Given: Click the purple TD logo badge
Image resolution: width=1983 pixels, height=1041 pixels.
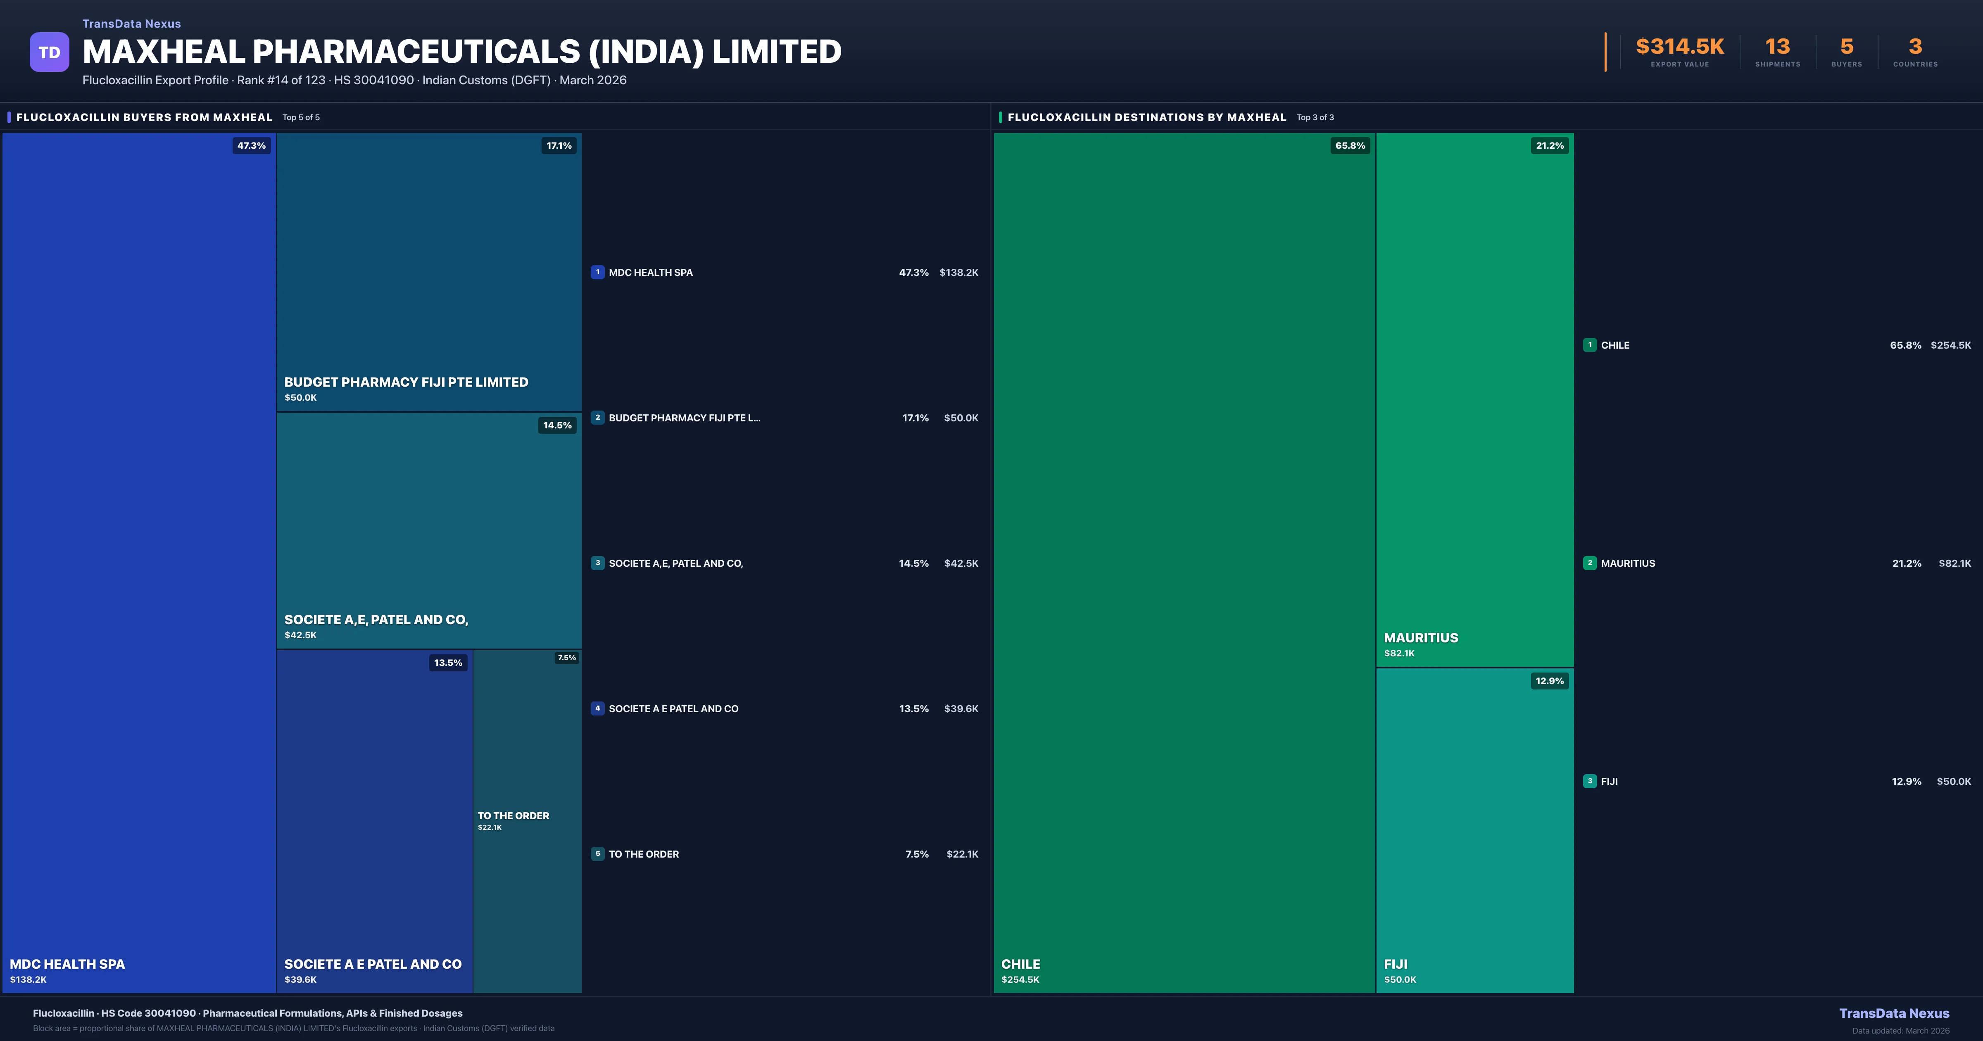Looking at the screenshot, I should (49, 52).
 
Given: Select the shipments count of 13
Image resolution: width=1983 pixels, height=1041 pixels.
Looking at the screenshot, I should (1777, 47).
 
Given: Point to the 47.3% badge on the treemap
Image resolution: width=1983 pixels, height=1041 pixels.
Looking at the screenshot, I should (251, 145).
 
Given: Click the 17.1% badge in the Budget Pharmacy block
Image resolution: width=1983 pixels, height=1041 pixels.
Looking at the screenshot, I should (559, 145).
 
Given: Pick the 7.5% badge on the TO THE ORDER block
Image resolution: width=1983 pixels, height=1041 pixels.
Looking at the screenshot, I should (566, 658).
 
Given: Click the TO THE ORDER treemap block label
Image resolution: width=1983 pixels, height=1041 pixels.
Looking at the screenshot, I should (514, 815).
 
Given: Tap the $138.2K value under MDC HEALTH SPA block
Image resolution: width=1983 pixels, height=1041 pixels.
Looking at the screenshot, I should (29, 979).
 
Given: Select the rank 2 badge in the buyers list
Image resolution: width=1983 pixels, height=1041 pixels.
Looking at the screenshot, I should (597, 417).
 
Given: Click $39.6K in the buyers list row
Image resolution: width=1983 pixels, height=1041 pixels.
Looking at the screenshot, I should (961, 708).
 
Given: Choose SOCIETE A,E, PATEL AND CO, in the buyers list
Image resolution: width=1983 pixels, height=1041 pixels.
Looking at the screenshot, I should (675, 563).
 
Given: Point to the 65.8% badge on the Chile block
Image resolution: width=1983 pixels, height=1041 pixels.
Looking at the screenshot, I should (1349, 145).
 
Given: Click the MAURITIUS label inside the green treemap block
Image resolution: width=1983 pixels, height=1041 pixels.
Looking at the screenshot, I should (1420, 637).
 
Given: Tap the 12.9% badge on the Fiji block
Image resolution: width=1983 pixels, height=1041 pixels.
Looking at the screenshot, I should (1549, 681).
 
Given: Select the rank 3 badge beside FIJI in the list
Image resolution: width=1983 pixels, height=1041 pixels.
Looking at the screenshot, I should (1590, 781).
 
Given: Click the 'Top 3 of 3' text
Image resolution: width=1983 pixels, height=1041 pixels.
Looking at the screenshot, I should (1315, 117).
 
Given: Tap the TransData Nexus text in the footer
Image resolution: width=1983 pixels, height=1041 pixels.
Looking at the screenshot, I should (1894, 1013).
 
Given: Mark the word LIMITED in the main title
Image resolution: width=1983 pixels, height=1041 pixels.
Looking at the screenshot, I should (776, 52).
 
